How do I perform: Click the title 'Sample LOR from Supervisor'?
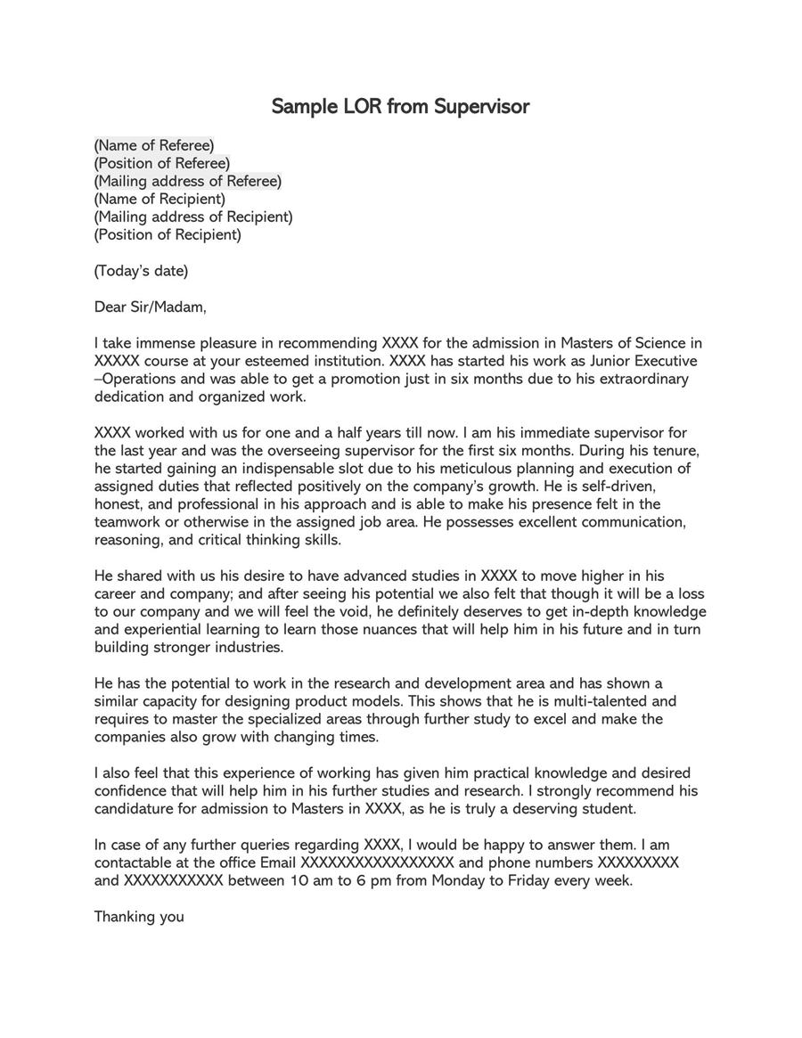click(400, 107)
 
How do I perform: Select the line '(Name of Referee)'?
click(154, 145)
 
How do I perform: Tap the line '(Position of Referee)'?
click(162, 163)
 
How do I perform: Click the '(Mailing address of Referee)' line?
click(188, 181)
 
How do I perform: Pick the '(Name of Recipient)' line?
click(160, 199)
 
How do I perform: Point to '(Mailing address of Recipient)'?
click(193, 217)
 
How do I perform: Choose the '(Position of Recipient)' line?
click(168, 235)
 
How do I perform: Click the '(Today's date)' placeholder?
click(141, 271)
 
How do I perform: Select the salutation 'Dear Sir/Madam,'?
click(150, 307)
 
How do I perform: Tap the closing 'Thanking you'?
click(139, 916)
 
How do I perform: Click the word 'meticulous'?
click(486, 469)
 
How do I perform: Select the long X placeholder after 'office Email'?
click(378, 862)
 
